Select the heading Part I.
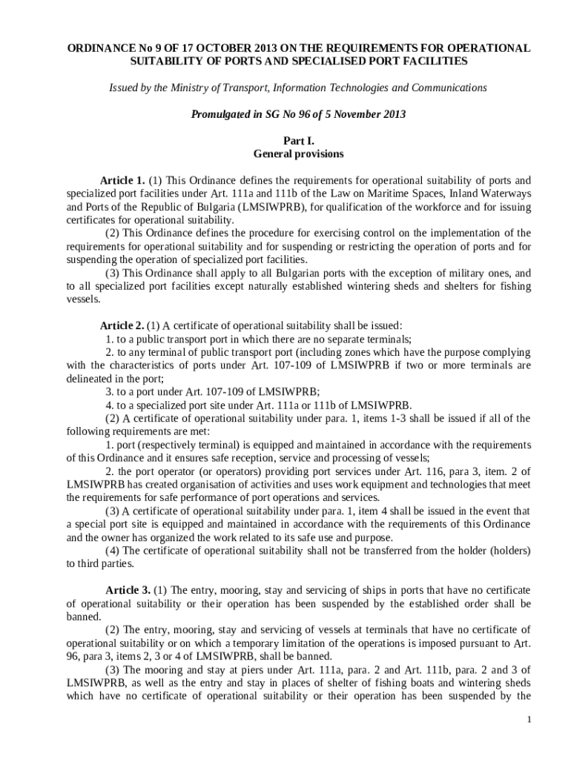(299, 140)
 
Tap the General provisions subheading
(299, 153)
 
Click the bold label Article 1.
(122, 180)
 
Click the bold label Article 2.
(122, 325)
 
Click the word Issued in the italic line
(125, 87)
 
